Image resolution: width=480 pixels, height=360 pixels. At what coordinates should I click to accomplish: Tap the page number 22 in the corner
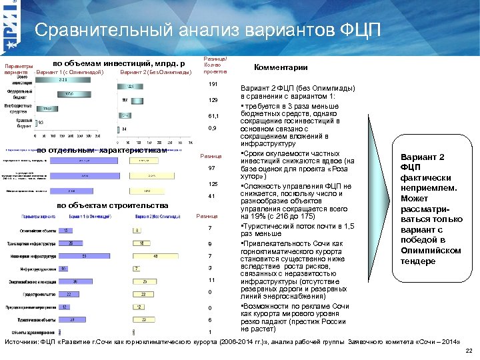coord(469,351)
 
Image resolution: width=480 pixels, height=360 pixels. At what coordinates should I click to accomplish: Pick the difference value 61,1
coord(213,115)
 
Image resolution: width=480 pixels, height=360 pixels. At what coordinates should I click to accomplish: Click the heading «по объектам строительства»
coord(113,205)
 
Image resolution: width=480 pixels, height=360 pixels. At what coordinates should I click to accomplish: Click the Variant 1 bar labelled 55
coord(83,255)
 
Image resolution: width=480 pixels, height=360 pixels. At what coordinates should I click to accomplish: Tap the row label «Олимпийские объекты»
coord(31,231)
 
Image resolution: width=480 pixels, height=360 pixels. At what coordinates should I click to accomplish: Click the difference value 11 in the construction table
coord(211,280)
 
